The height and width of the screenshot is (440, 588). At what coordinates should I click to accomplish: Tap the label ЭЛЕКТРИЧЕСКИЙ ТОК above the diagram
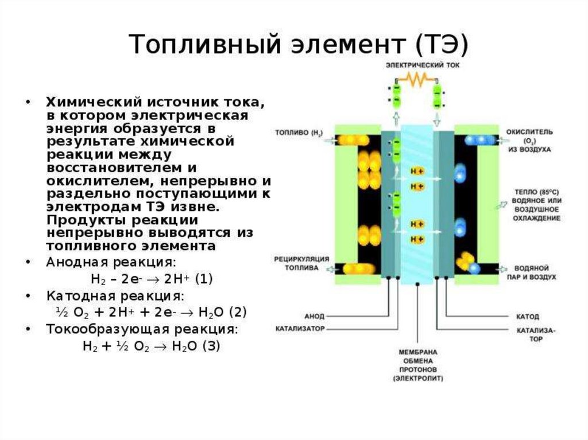414,65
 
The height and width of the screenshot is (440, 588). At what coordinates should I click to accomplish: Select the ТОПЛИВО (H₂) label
299,134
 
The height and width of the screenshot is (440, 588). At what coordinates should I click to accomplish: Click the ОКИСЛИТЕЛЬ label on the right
529,131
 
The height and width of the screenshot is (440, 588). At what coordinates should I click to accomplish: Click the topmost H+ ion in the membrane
417,172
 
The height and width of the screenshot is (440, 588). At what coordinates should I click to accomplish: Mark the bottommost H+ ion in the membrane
417,238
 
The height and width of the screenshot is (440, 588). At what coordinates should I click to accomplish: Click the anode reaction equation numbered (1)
152,279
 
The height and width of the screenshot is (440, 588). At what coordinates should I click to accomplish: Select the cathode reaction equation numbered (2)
151,312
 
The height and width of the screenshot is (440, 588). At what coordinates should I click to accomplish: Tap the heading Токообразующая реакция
141,330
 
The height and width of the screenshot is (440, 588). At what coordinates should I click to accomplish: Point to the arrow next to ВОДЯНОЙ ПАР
504,268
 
